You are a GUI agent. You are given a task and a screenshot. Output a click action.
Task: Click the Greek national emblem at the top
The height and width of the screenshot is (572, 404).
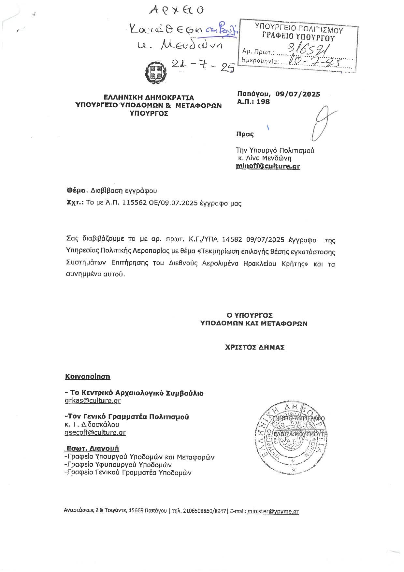click(x=154, y=72)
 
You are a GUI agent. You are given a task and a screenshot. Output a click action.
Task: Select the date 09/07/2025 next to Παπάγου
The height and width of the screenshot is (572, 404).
click(x=297, y=94)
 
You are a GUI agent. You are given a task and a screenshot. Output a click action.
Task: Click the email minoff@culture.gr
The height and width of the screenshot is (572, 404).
click(x=268, y=166)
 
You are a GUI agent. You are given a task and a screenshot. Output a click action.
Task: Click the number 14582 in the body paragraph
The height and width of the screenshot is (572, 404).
click(x=232, y=240)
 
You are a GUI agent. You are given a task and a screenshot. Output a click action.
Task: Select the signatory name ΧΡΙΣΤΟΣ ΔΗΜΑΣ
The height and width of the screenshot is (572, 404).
click(x=255, y=347)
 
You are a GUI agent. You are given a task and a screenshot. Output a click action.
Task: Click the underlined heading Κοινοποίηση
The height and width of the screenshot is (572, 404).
click(x=88, y=377)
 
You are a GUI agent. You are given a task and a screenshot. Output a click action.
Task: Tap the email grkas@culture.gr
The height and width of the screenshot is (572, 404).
click(x=93, y=401)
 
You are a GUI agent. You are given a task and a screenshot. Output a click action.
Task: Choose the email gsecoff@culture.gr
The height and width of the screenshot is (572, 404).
click(x=95, y=432)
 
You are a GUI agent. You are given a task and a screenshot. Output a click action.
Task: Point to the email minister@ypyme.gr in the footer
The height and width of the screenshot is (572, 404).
click(x=273, y=511)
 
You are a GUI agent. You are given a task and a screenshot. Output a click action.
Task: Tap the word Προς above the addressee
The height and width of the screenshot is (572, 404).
click(x=245, y=134)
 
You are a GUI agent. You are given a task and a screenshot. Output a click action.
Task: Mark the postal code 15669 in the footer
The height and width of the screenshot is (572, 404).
click(x=136, y=511)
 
